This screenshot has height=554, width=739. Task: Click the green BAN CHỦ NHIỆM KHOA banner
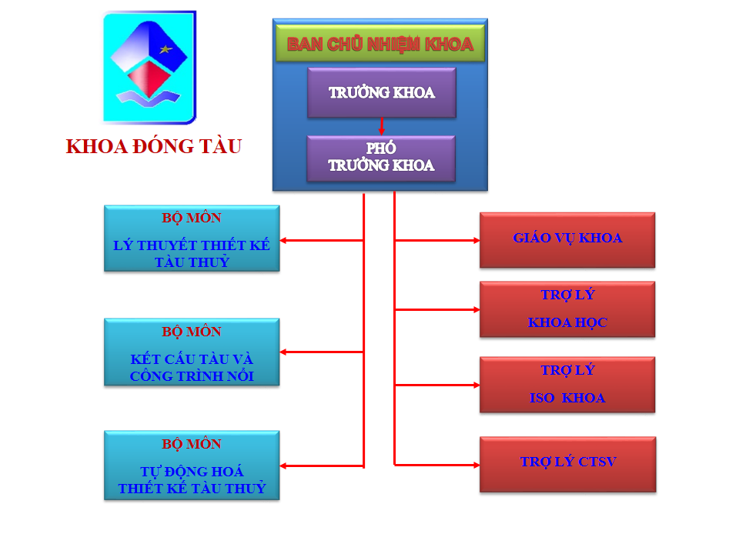(380, 43)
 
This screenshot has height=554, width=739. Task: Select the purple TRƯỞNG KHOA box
(382, 92)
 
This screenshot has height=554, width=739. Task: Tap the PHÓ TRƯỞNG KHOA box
(381, 158)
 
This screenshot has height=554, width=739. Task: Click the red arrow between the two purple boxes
(381, 126)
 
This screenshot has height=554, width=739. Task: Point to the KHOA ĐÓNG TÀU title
(154, 146)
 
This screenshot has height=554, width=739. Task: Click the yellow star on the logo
(166, 49)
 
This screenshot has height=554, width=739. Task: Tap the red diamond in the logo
(149, 78)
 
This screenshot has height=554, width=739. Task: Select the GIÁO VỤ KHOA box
(567, 240)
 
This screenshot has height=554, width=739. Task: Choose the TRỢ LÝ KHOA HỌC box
(567, 309)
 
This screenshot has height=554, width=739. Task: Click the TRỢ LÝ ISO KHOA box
(567, 385)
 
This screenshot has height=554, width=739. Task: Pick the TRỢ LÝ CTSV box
(568, 465)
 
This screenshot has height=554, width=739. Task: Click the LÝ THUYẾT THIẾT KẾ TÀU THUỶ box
(192, 239)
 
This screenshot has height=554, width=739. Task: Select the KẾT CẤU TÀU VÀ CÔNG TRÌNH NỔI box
(192, 352)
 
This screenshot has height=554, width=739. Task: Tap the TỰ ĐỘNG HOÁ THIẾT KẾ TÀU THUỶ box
(192, 466)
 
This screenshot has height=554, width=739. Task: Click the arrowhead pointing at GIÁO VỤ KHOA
(477, 240)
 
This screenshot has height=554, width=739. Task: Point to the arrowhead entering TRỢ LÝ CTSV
(477, 465)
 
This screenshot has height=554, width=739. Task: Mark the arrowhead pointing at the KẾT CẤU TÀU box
(283, 352)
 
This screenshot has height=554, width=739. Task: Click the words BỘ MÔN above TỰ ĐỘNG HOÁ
(192, 444)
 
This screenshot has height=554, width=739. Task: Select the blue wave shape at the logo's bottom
(149, 98)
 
